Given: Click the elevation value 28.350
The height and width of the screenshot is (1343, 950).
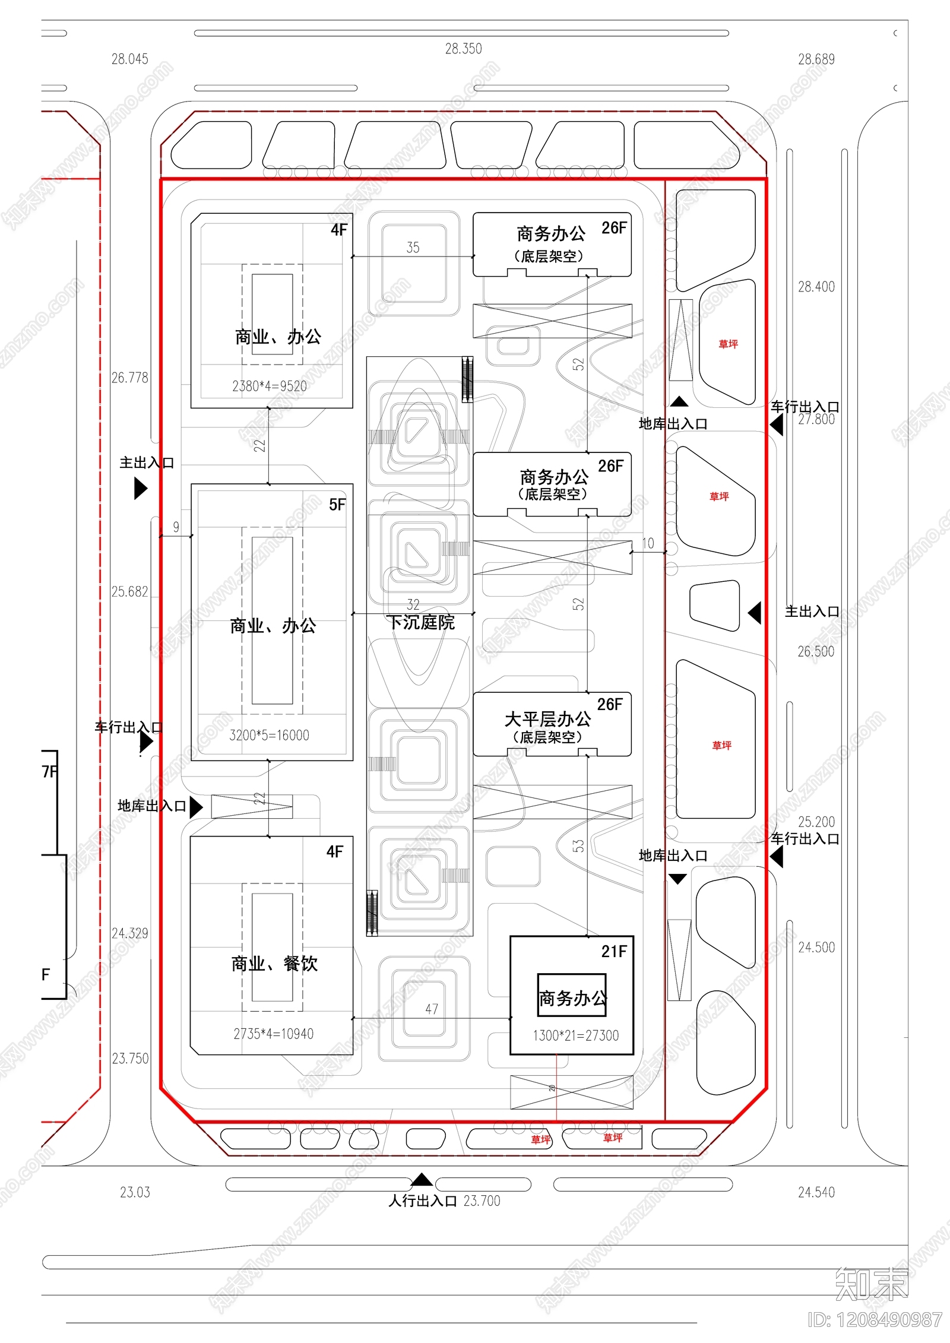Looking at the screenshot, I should [x=463, y=49].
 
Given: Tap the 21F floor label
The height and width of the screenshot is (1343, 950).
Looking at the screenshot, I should [x=613, y=951].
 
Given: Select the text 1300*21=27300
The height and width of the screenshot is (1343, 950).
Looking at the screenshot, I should [x=575, y=1035].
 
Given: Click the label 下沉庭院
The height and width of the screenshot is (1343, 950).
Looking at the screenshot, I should [x=420, y=622].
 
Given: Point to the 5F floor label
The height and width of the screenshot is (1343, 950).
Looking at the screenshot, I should [x=337, y=505].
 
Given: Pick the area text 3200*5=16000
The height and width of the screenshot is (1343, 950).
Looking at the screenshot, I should [x=269, y=735].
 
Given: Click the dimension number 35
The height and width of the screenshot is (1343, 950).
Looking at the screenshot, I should [x=413, y=248].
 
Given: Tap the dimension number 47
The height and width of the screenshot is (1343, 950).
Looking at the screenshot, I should [x=432, y=1009].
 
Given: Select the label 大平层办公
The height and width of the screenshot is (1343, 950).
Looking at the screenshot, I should [x=547, y=719].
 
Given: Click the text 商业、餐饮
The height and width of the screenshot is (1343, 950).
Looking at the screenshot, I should [x=274, y=963].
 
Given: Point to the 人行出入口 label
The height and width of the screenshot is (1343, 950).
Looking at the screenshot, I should [x=422, y=1201].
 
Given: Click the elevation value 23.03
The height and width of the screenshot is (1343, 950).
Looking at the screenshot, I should [x=135, y=1192].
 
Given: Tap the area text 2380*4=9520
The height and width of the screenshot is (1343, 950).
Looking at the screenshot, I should [x=269, y=386].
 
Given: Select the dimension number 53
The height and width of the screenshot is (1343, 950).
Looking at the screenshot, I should [x=578, y=845].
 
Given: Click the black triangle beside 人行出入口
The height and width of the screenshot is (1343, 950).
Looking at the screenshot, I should [x=422, y=1180].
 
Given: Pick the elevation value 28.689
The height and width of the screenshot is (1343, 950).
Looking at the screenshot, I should [x=816, y=59].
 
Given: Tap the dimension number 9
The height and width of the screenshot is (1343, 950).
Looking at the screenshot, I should [x=176, y=527].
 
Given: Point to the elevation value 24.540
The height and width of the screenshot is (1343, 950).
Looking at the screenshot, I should [x=816, y=1192].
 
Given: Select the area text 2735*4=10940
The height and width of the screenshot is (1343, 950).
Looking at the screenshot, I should [x=273, y=1034].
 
